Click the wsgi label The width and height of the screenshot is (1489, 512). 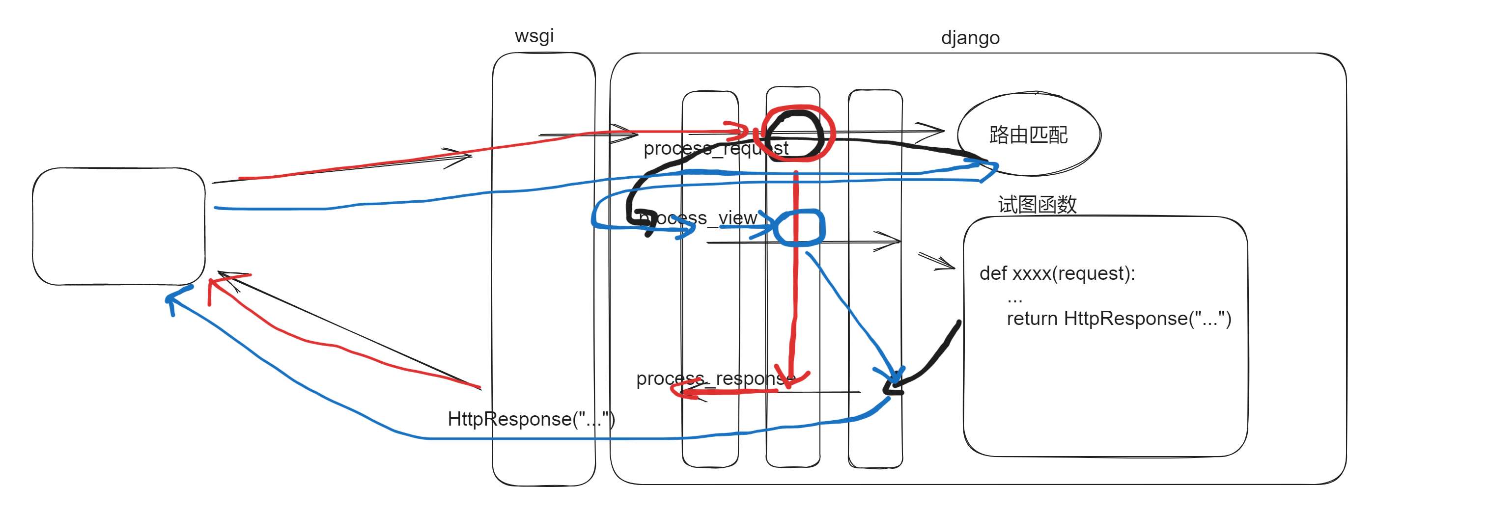click(534, 36)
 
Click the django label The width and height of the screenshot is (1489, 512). click(970, 38)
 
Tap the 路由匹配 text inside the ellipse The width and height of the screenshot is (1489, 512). click(1028, 135)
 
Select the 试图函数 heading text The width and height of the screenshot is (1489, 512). click(1037, 204)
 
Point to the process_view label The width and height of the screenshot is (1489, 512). click(698, 218)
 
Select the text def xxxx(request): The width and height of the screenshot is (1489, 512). click(1057, 273)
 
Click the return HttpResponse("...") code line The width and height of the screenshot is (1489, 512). click(1119, 319)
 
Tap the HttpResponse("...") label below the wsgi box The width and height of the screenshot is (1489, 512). click(531, 419)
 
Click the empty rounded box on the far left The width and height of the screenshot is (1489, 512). click(118, 226)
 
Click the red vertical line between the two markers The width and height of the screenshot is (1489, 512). click(795, 289)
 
